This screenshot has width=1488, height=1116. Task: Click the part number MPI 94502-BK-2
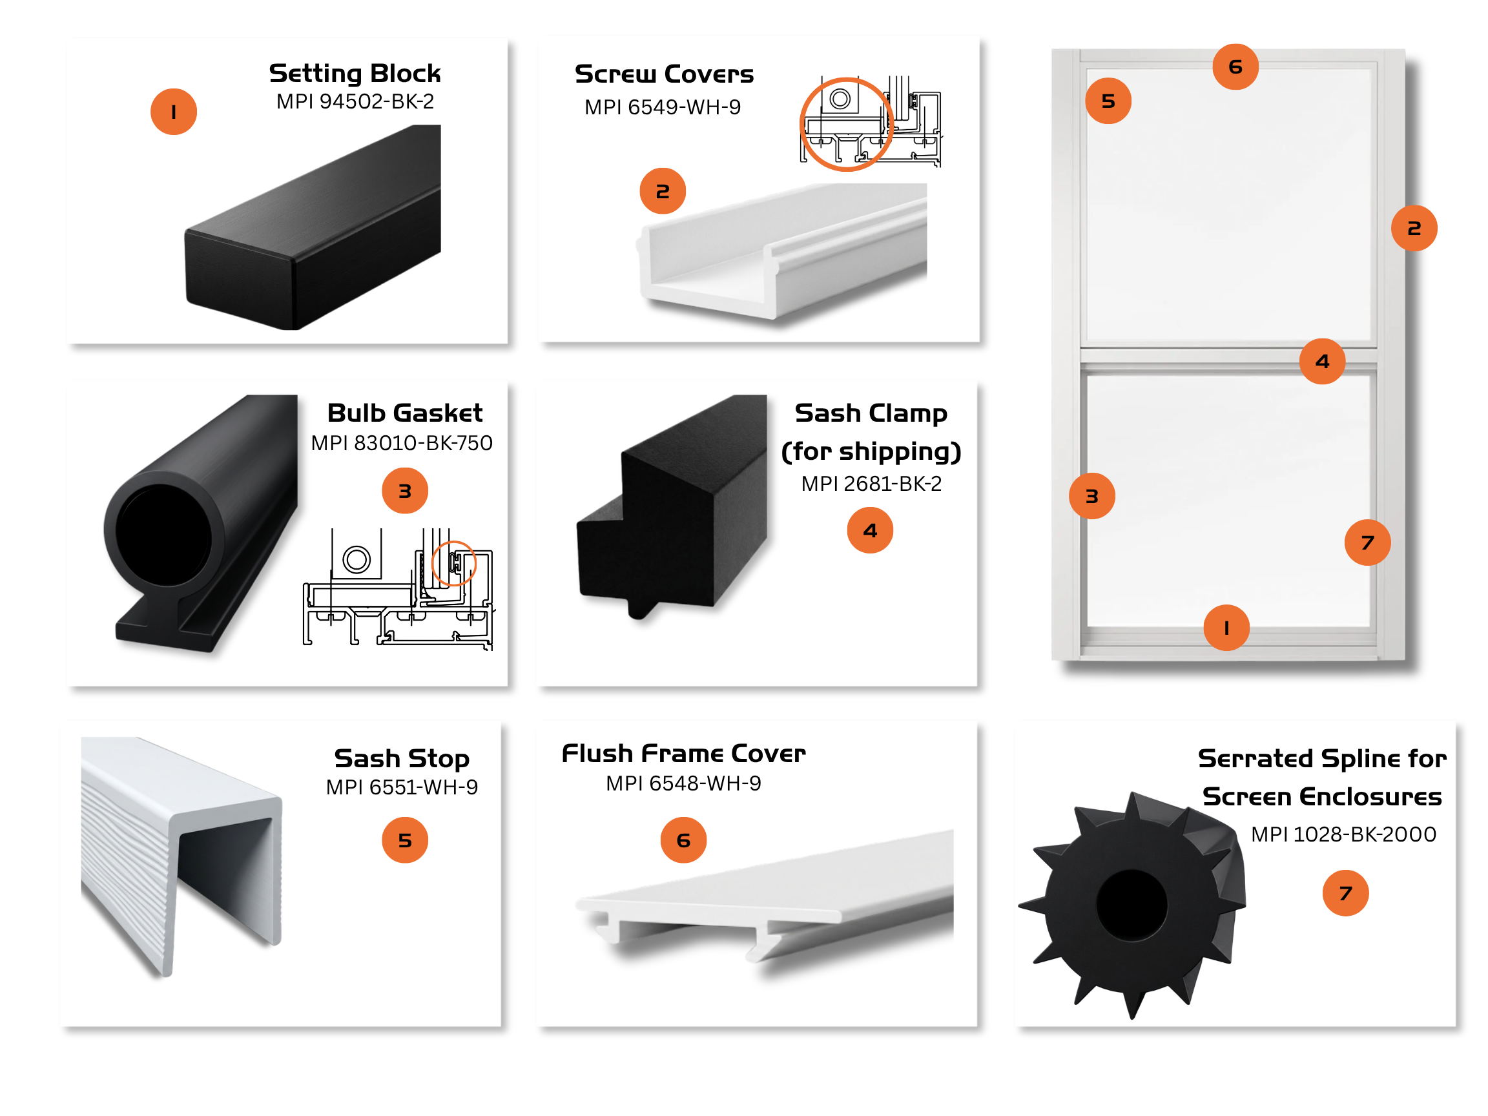pos(355,101)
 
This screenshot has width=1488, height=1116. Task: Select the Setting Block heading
pos(355,72)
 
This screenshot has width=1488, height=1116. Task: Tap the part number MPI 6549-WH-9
pos(663,107)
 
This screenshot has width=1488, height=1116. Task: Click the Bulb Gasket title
pos(405,412)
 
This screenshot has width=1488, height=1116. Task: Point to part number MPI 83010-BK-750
pos(402,442)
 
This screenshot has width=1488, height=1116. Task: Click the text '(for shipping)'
pos(871,451)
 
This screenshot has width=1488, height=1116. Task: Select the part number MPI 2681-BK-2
pos(871,484)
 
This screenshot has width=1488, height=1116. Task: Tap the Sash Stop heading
pos(402,758)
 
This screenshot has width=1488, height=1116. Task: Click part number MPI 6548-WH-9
pos(683,783)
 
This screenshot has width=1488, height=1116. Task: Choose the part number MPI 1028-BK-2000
pos(1343,834)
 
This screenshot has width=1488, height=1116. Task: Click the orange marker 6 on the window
pos(1235,67)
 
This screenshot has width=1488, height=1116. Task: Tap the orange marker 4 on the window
pos(1323,361)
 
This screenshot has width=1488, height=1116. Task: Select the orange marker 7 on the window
pos(1368,542)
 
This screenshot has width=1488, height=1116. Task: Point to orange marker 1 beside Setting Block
pos(174,112)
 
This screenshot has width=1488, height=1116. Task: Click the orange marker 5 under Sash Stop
pos(405,840)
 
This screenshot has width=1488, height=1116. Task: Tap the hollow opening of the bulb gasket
pos(163,535)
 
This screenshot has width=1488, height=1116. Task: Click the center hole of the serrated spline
pos(1132,905)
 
